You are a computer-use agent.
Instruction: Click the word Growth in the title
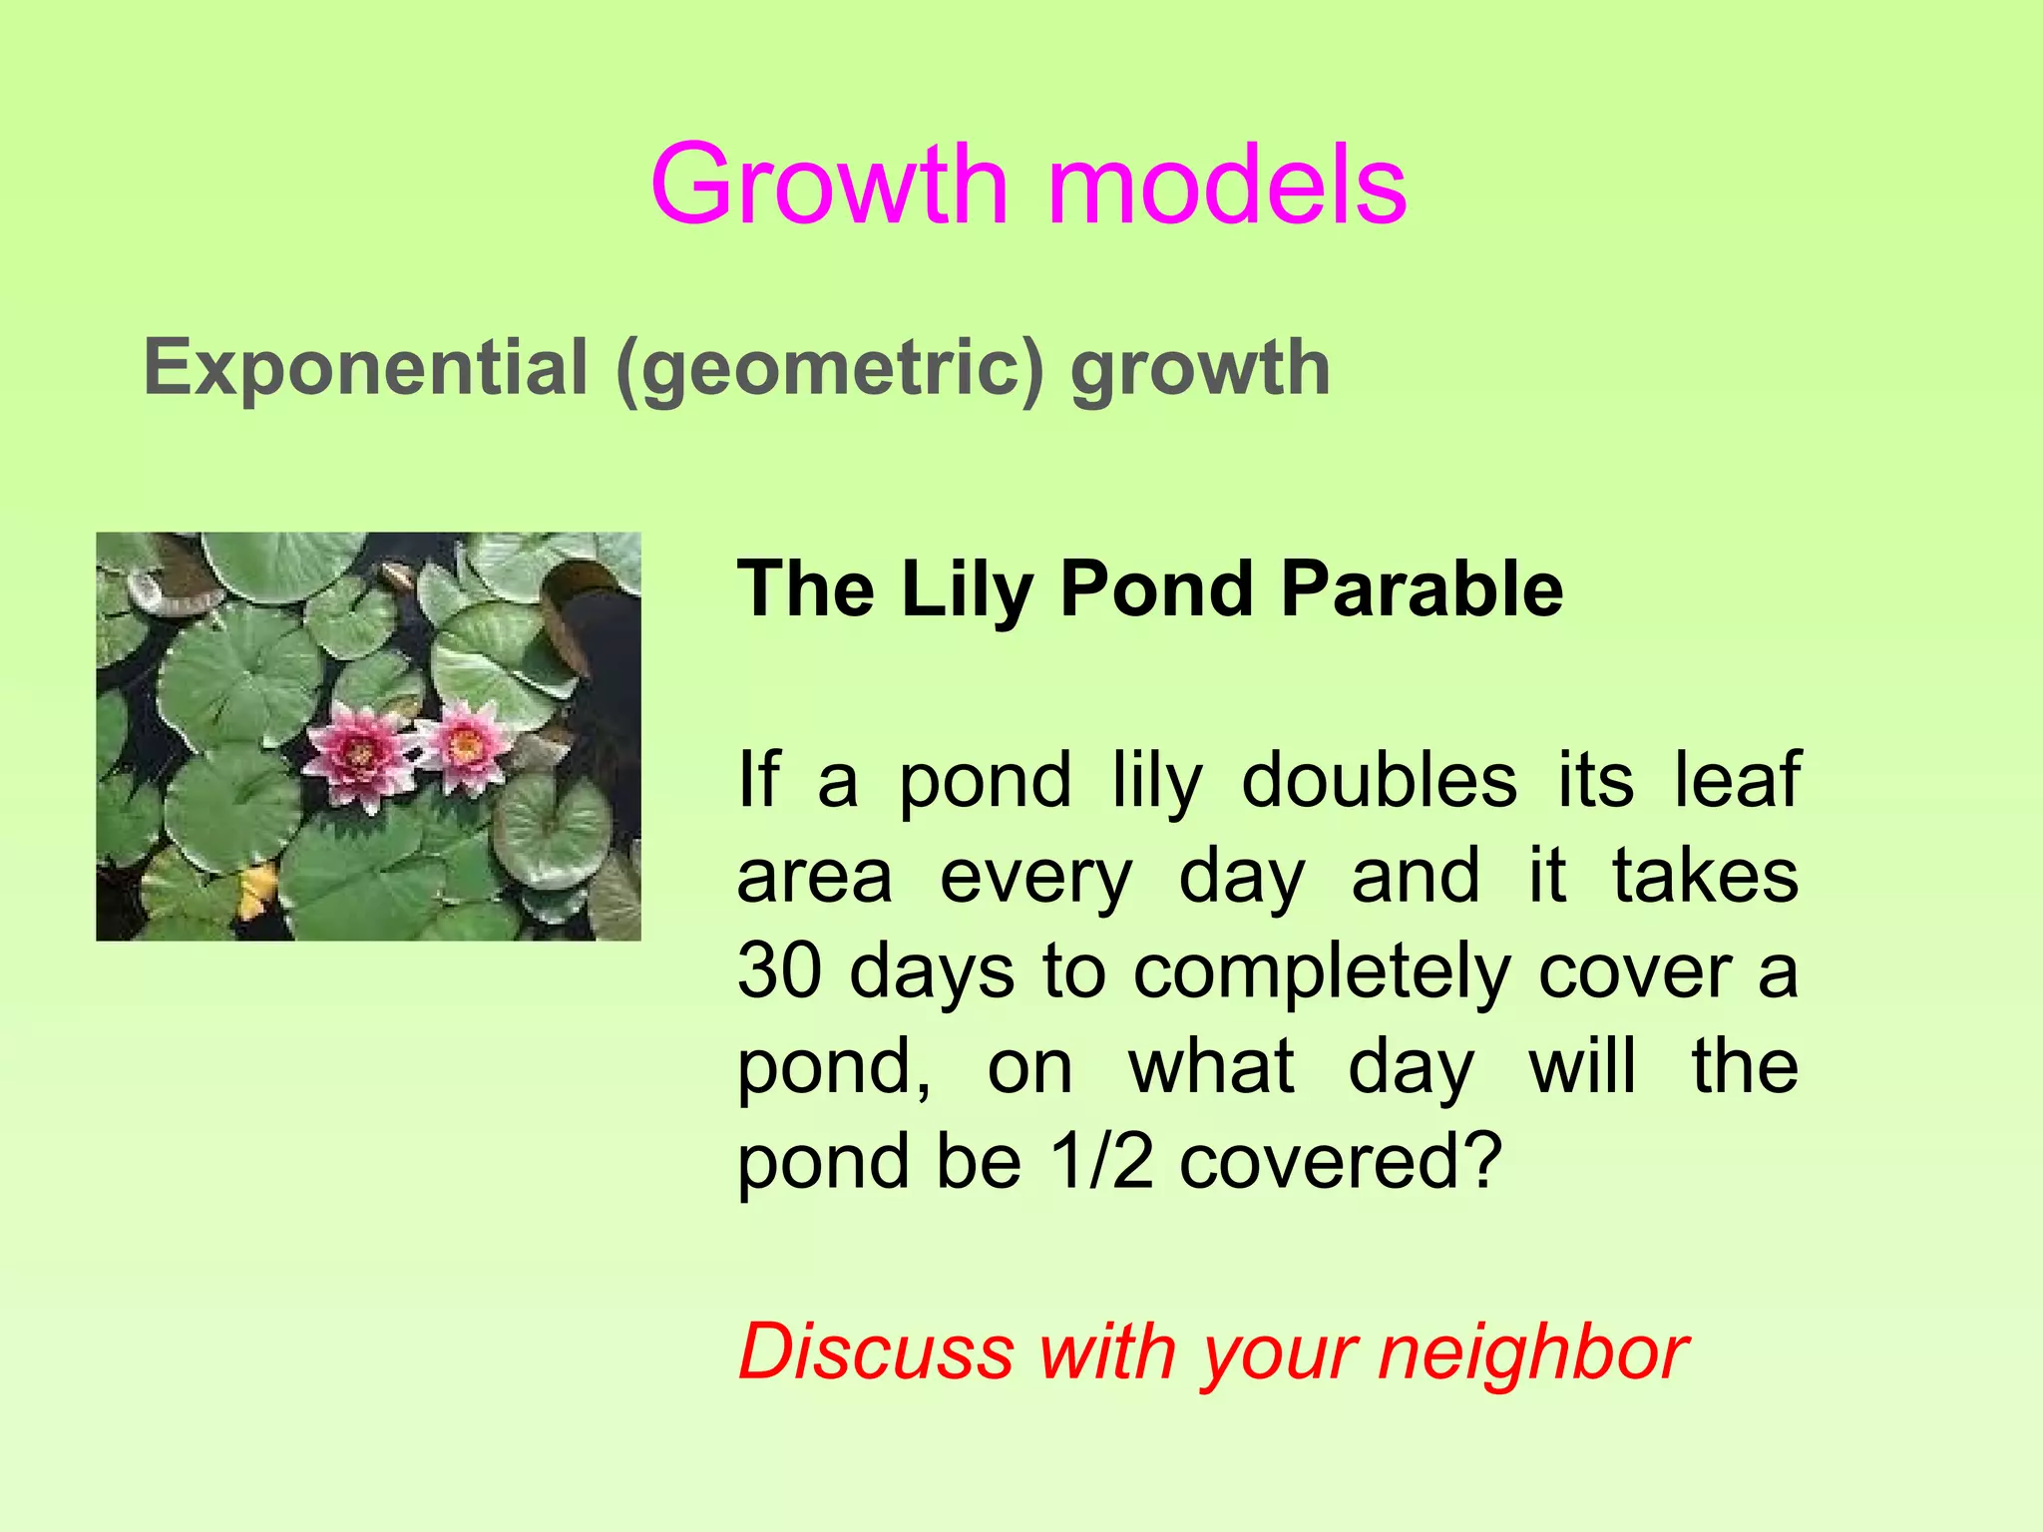click(830, 187)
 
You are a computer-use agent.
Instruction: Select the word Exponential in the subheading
click(365, 368)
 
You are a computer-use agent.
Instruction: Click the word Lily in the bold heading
click(966, 589)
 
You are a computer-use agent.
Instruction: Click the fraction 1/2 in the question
click(1101, 1162)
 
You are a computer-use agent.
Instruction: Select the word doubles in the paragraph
click(1379, 779)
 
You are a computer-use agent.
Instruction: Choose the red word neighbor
click(1532, 1353)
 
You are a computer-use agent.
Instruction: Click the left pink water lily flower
click(357, 755)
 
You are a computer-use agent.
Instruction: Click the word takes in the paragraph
click(1706, 875)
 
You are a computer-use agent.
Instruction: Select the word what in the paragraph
click(1211, 1066)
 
